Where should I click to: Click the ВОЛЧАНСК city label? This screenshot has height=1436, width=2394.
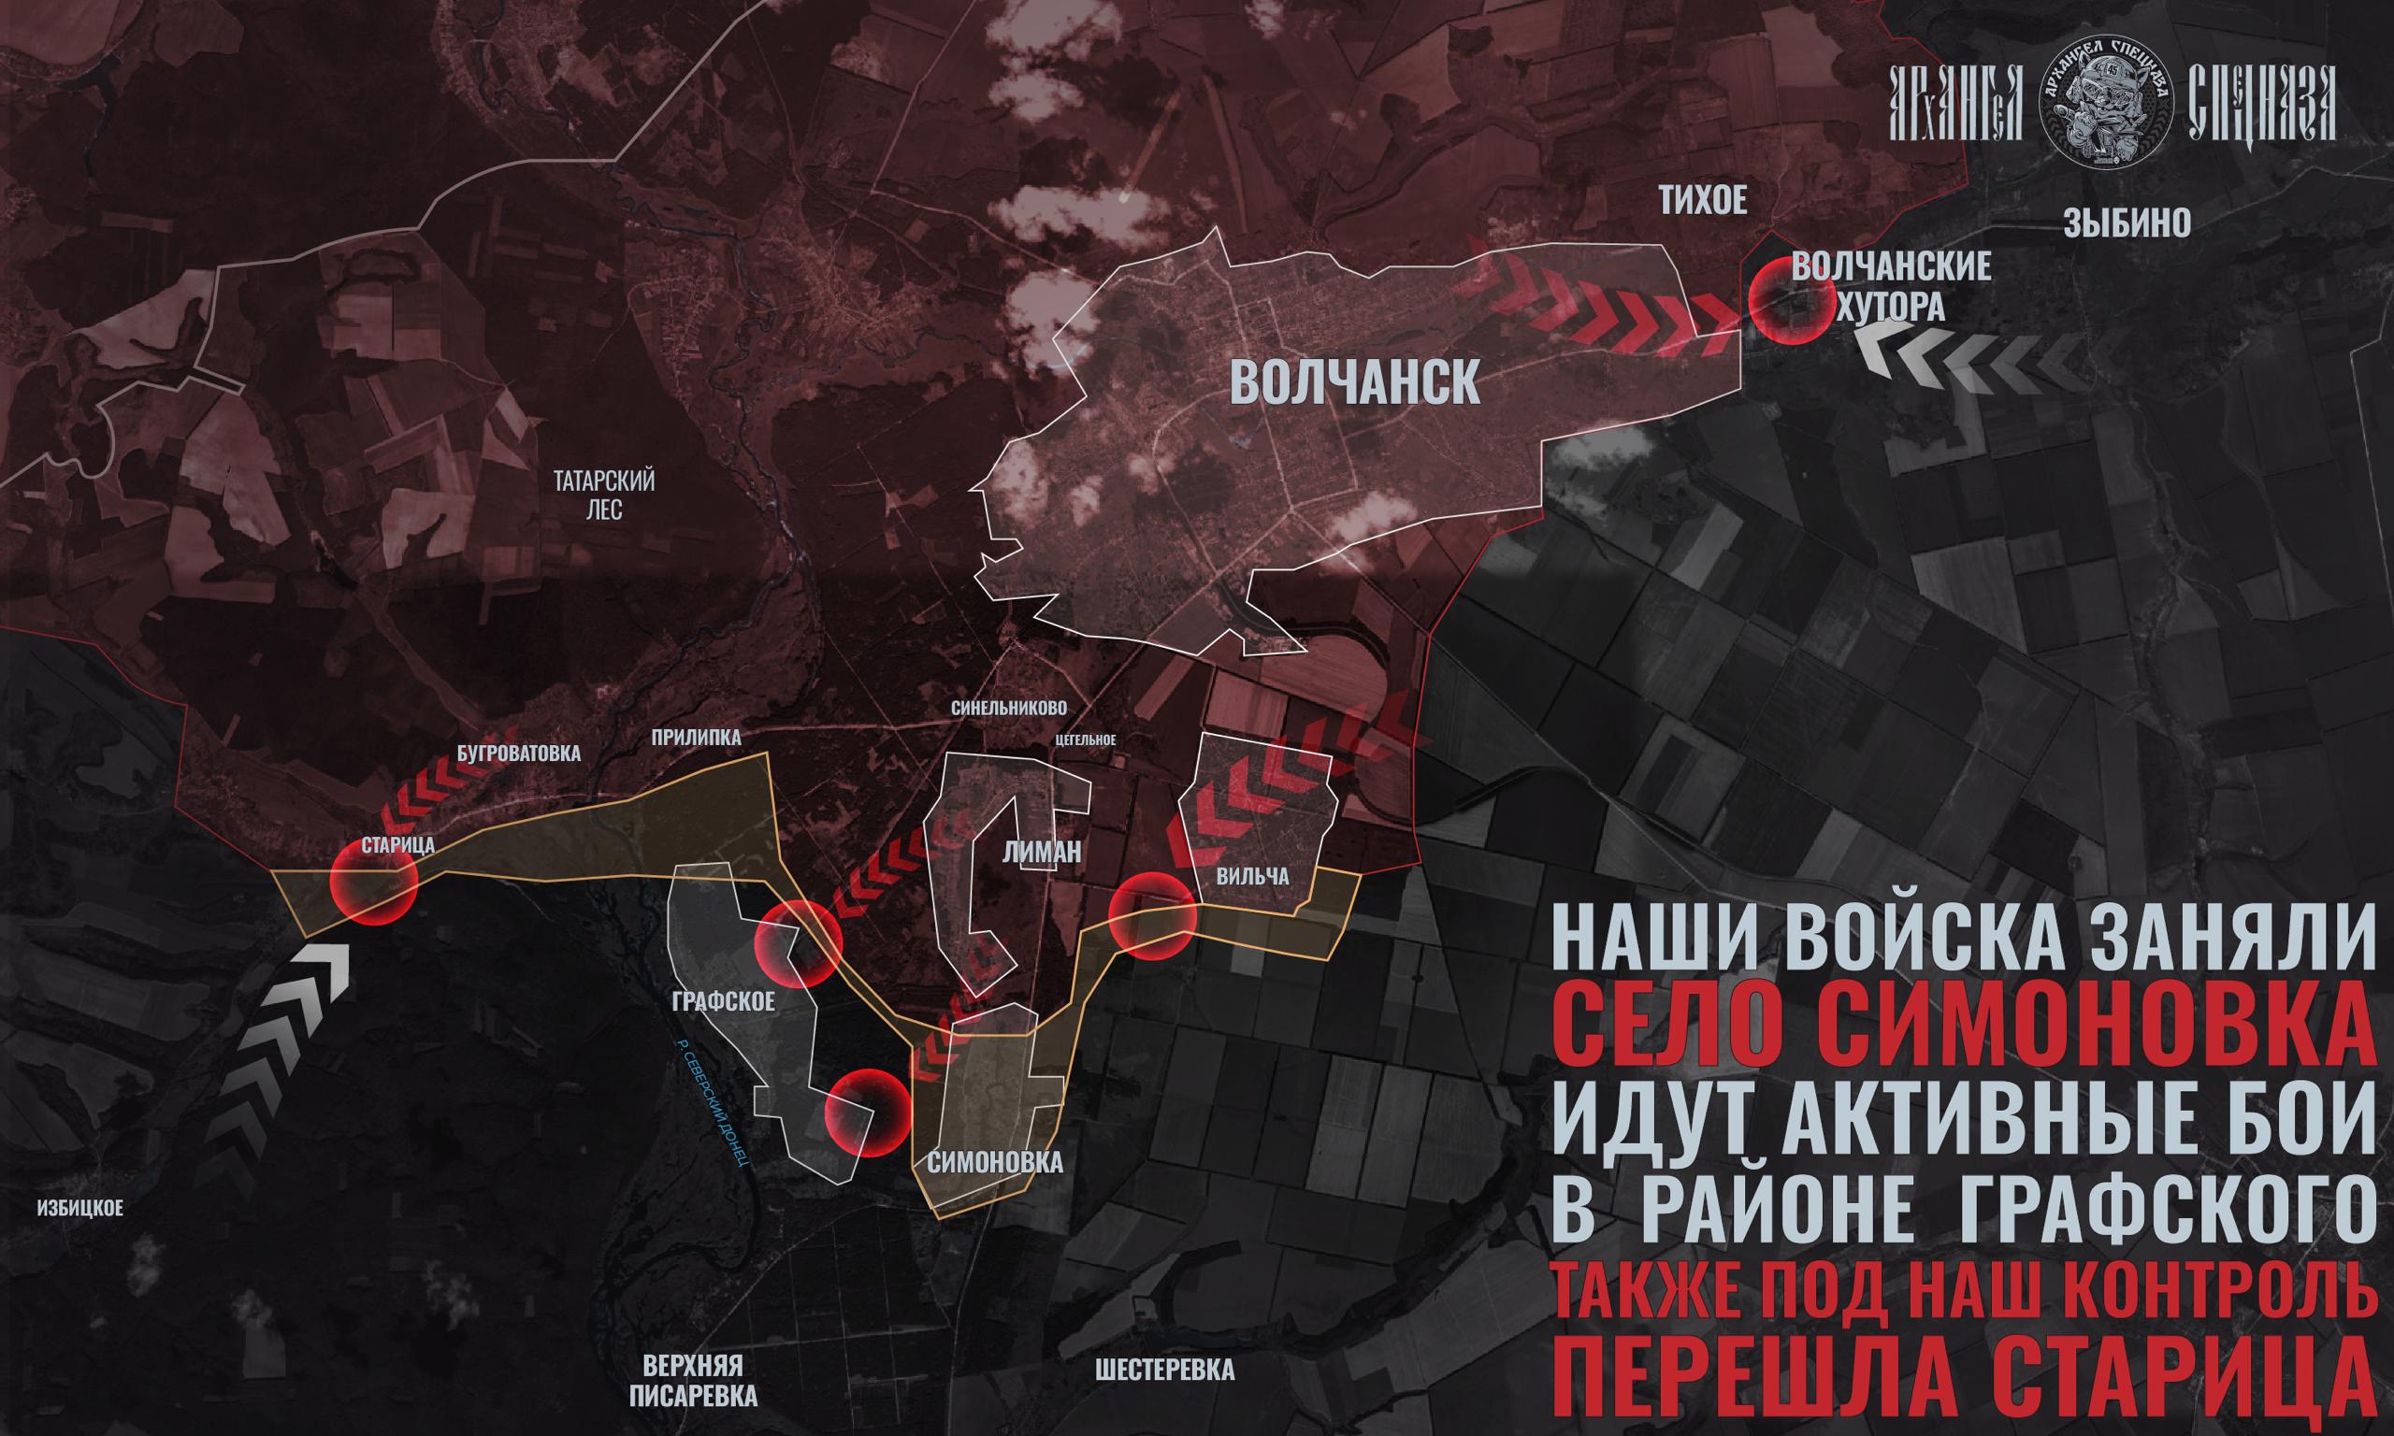[1354, 383]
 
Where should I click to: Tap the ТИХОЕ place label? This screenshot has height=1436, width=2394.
[1703, 202]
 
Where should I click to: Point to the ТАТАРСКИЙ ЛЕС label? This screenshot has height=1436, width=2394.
[605, 495]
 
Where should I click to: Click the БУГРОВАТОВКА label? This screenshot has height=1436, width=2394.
[519, 754]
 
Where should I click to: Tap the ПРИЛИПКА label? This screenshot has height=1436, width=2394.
[696, 739]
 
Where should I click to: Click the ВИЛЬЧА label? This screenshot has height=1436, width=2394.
[1253, 877]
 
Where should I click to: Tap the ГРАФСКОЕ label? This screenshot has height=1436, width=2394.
[723, 1001]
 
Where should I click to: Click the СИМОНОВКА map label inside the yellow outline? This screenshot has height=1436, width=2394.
[995, 1162]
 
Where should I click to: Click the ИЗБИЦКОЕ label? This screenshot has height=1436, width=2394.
[79, 1209]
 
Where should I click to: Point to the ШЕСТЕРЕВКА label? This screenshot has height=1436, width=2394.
[1165, 1371]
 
